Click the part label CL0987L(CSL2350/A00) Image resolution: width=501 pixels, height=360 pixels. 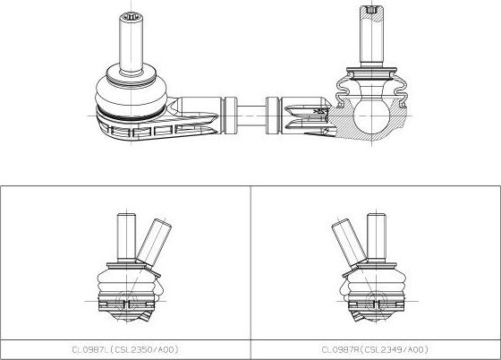pos(125,349)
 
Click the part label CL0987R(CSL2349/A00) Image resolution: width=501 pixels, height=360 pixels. pos(375,349)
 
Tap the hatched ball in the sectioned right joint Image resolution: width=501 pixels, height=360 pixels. pos(372,116)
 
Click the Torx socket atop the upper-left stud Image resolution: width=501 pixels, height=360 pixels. pos(131,17)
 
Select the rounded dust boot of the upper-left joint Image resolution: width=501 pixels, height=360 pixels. pos(131,93)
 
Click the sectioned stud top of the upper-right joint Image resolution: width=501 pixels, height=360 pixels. pos(371,13)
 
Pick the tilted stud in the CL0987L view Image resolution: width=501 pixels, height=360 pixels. pos(154,242)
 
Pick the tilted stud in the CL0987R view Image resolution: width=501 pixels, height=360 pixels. pos(349,243)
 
